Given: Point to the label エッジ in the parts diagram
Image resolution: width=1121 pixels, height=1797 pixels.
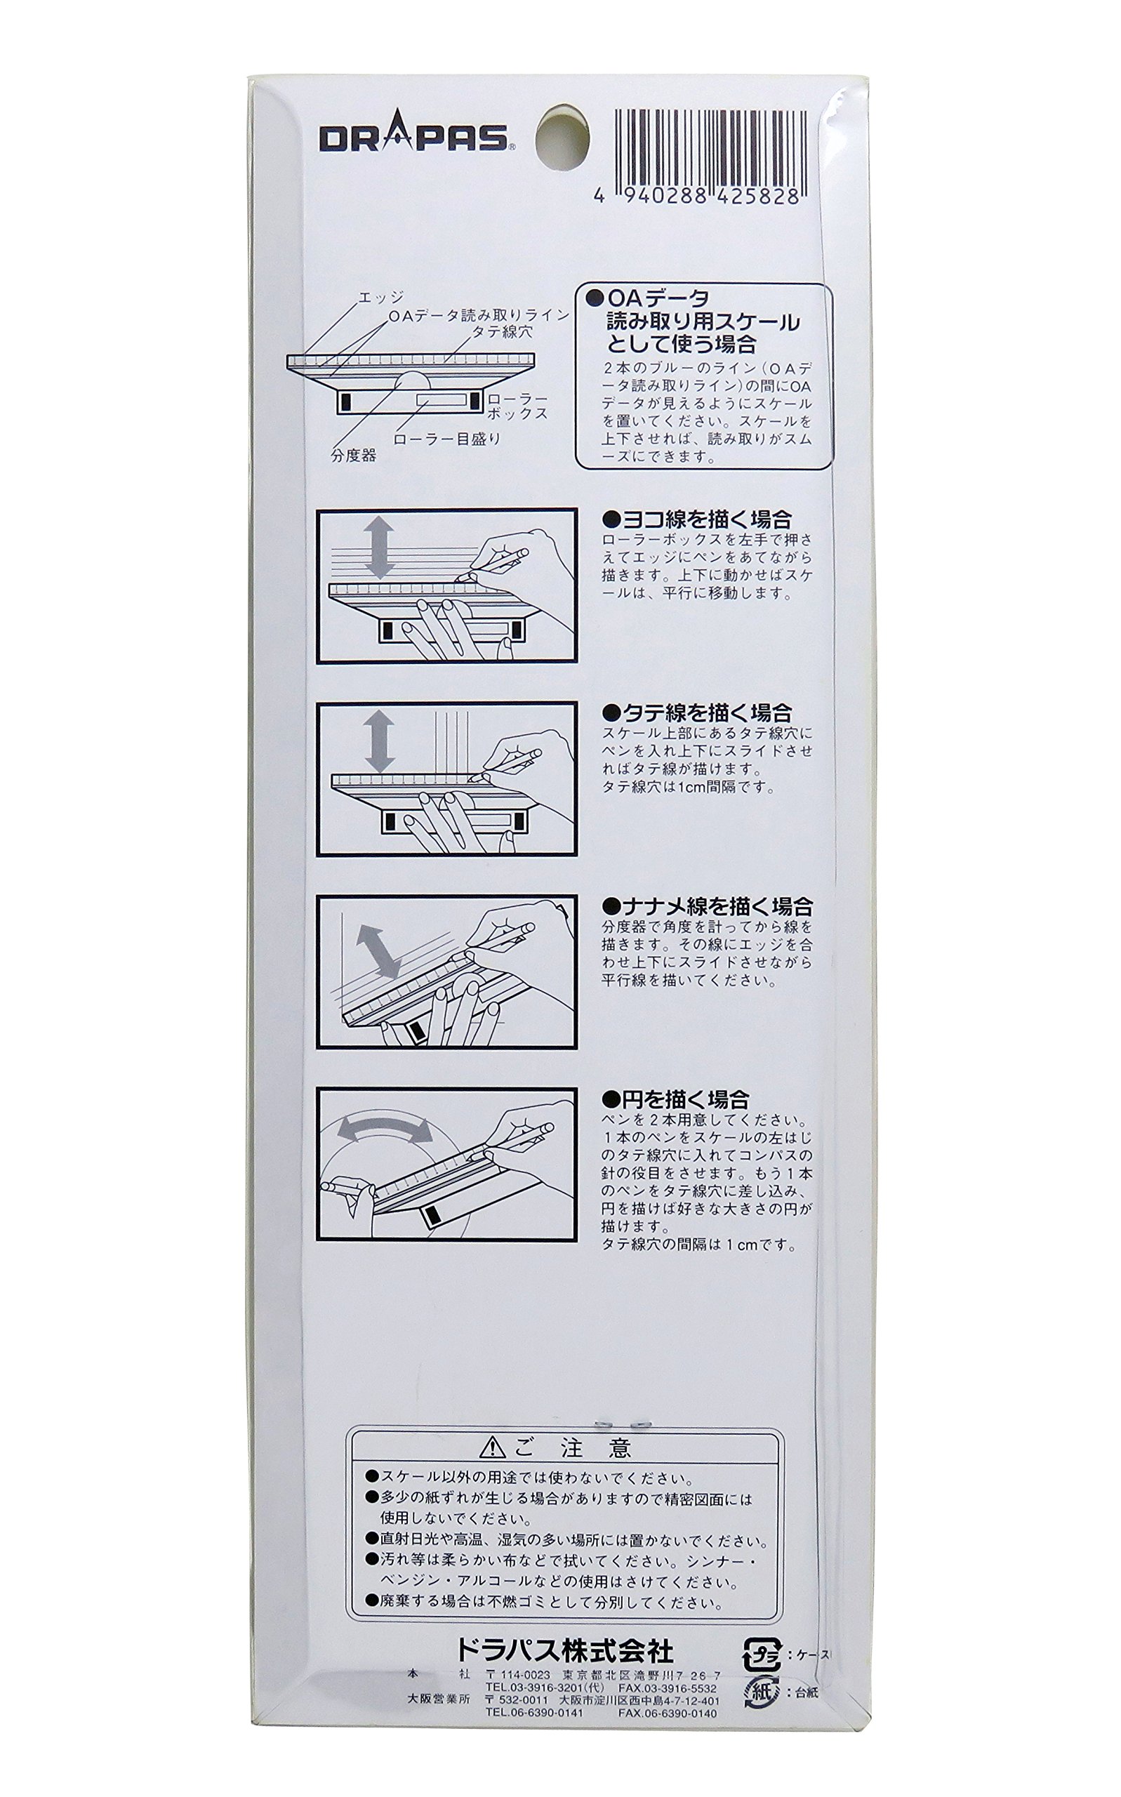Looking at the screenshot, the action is click(x=380, y=298).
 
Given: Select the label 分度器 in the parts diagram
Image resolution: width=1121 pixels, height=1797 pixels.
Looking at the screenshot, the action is click(x=354, y=455).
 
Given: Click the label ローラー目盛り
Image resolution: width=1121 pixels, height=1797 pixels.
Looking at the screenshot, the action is click(x=447, y=438).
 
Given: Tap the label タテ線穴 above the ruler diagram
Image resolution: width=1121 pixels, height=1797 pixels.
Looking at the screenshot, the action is click(x=503, y=333).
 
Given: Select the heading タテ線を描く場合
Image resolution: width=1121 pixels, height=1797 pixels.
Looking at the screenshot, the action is click(x=697, y=713).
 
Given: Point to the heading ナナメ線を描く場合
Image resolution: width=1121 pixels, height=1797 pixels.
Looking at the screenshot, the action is click(x=708, y=906).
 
